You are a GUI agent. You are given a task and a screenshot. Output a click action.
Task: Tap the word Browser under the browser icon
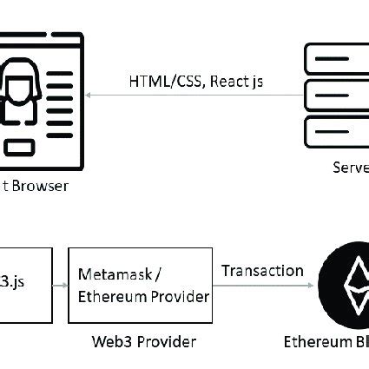pos(40,186)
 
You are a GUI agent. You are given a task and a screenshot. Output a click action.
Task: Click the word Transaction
pos(262,271)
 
